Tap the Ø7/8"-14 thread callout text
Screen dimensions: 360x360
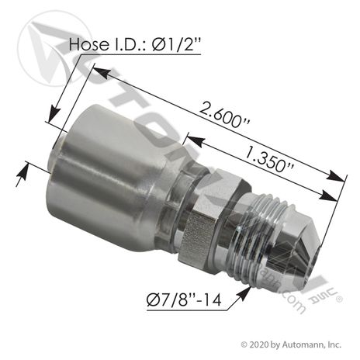click(x=184, y=301)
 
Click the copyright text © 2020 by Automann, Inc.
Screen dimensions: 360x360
click(x=291, y=344)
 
